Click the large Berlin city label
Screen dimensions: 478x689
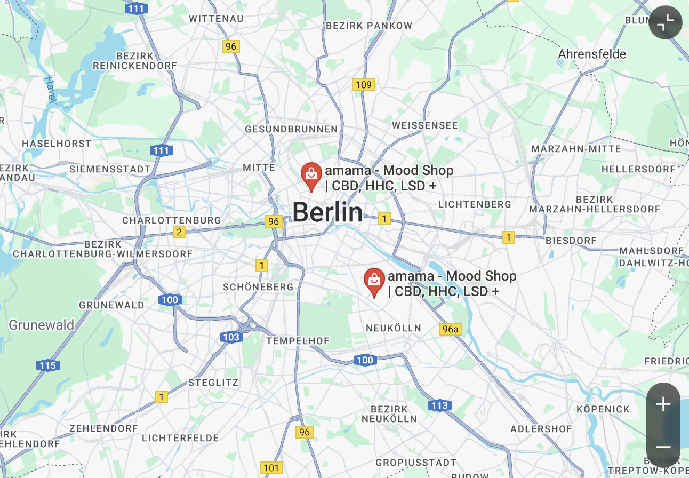[327, 212]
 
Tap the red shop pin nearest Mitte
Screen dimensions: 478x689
[310, 175]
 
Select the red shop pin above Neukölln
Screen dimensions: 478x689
[374, 281]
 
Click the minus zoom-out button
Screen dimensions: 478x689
[663, 447]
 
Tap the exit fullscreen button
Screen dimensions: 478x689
[665, 22]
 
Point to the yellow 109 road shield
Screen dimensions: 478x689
[363, 85]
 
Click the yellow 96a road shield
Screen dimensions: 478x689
[450, 329]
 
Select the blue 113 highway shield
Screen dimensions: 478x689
[439, 405]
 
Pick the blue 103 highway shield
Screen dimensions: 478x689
[230, 337]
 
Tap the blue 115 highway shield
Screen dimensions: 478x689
[47, 365]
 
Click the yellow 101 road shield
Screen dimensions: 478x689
[271, 468]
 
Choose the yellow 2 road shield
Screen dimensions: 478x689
[179, 232]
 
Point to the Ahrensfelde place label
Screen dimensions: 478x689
[592, 54]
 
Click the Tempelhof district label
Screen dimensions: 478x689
[298, 340]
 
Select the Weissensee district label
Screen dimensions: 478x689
[424, 126]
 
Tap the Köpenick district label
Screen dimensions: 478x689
[603, 409]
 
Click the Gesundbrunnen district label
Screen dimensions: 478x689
[291, 129]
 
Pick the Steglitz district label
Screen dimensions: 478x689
[213, 383]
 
